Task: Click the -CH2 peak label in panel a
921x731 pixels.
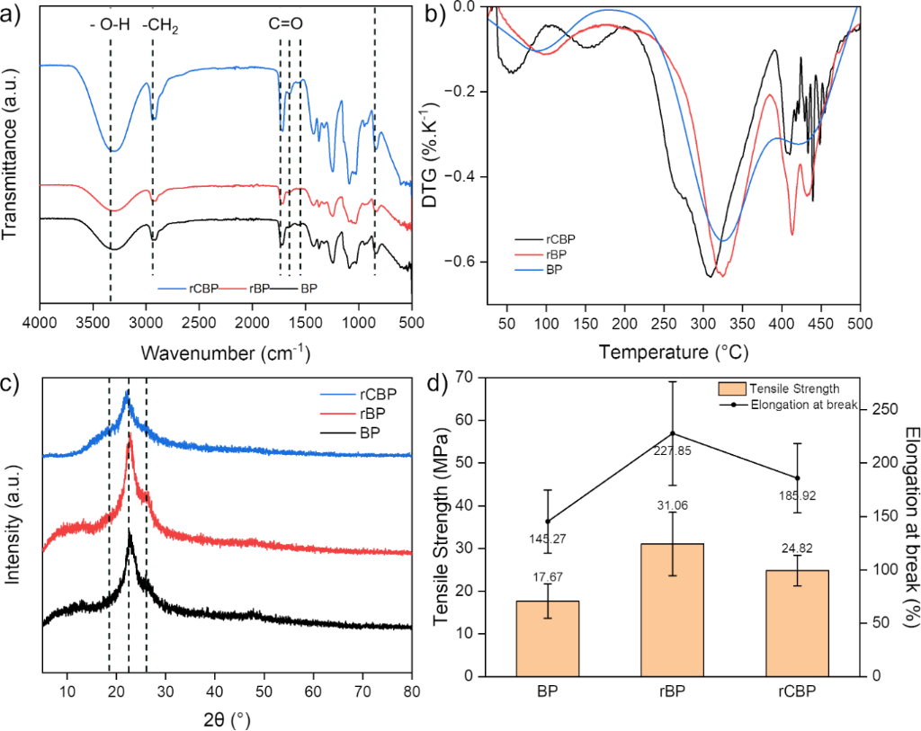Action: tap(161, 28)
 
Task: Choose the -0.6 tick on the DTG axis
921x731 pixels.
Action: tap(467, 263)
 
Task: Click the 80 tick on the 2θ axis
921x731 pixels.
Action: tap(411, 691)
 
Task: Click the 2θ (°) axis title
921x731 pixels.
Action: tap(225, 718)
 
